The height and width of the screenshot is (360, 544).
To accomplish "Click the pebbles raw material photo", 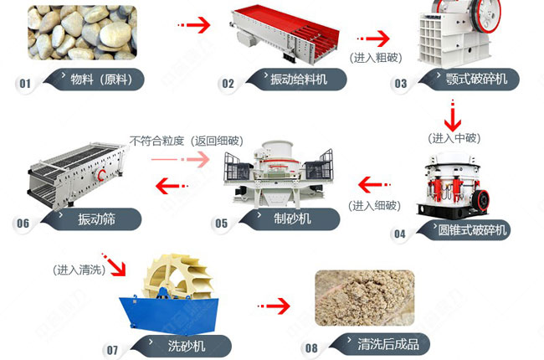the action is pos(82,33).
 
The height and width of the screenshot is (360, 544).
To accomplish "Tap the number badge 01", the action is pos(25,84).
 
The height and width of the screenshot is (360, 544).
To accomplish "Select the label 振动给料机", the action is pos(299,80).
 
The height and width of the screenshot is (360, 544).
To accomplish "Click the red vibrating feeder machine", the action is pos(285,34).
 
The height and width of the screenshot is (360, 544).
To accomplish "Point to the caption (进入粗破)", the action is pos(376,58).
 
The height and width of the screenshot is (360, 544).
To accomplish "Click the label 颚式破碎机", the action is pos(477,79).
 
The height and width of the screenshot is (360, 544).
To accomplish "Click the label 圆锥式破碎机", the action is pos(472,230).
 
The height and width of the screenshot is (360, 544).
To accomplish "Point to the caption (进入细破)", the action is pos(375,206).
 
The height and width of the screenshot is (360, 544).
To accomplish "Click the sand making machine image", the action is pos(278,172).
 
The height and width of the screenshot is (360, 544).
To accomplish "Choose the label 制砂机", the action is pos(292,219).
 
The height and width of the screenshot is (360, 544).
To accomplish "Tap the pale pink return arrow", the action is pos(181,159).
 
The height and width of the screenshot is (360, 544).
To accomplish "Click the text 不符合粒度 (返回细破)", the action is pos(187,141).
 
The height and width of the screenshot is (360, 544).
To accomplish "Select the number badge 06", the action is pos(23,224).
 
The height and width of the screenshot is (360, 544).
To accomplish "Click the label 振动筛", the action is pos(96,219).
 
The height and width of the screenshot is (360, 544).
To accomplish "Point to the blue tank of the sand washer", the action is pos(169,314).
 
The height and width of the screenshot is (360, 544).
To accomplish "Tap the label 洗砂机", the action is pos(187,346).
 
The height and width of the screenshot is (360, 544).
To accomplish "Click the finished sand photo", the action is pos(365,297).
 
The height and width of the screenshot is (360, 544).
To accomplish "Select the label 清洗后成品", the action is pos(388,344).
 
